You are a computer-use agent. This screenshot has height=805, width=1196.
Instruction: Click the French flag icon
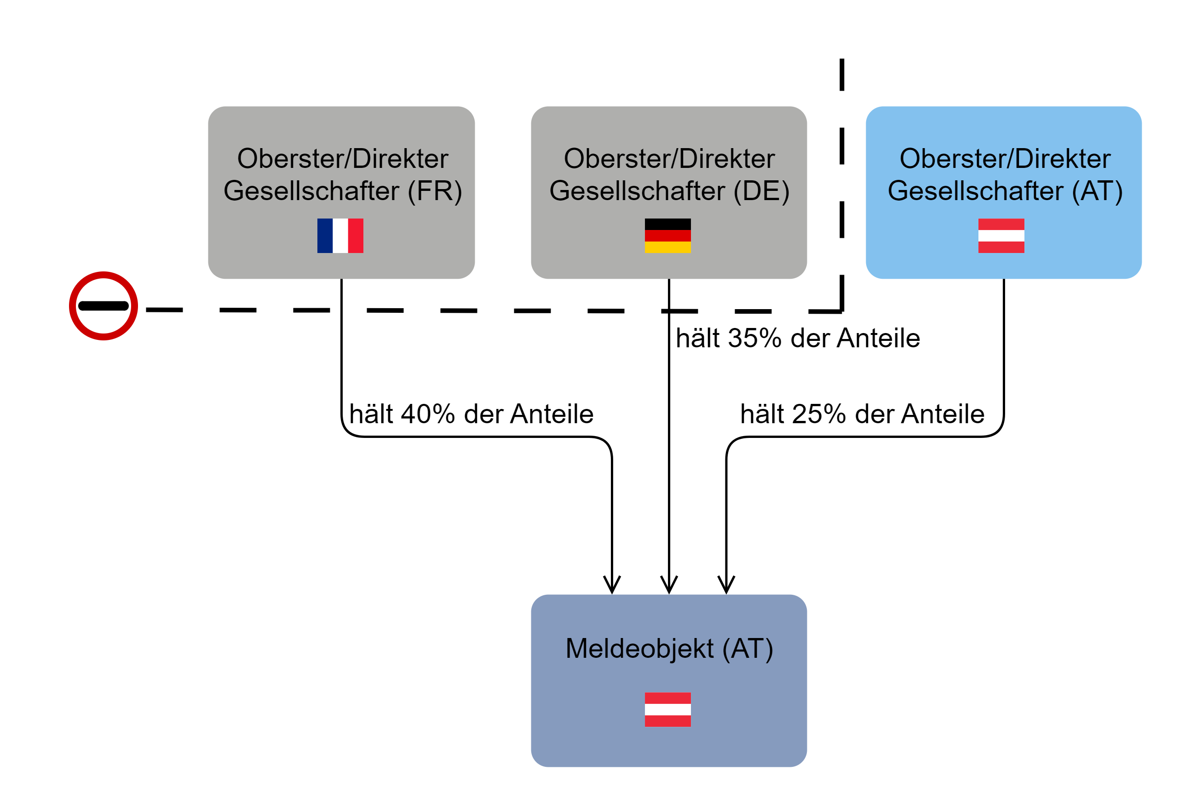[340, 236]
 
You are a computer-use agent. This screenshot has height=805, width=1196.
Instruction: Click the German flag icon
[667, 236]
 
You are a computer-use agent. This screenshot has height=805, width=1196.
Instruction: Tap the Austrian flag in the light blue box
[1001, 236]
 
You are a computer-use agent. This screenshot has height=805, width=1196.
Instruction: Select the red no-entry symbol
[103, 306]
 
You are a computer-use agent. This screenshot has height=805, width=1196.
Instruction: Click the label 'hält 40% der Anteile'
[471, 414]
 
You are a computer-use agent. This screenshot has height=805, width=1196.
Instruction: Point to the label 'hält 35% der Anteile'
[797, 338]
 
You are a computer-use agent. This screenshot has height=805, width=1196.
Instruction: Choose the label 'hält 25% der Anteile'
[862, 414]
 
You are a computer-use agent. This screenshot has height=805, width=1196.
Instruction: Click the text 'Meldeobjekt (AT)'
[669, 649]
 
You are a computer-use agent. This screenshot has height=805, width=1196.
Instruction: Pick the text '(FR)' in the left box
[435, 191]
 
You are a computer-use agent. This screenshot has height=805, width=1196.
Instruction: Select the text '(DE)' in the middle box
[761, 191]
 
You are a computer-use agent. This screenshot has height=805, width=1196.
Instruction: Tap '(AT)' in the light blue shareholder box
[1097, 191]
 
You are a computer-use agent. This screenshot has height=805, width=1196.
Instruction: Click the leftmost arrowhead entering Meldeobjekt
[612, 585]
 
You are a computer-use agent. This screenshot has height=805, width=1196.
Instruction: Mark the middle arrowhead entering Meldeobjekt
[669, 585]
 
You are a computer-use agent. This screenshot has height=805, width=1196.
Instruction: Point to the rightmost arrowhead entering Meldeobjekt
[726, 585]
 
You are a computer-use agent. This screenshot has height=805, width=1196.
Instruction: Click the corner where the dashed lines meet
[842, 311]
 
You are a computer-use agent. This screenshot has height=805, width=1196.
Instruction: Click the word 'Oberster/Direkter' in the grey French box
[342, 158]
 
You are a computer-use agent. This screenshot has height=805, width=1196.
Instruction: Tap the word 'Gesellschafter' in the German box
[637, 191]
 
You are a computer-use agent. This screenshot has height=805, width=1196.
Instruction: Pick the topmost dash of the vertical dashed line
[842, 75]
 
